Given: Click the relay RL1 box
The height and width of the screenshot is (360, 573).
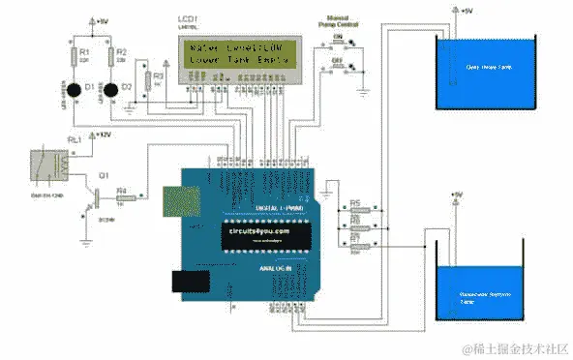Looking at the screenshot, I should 46,163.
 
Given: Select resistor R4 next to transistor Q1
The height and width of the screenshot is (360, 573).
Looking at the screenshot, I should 122,198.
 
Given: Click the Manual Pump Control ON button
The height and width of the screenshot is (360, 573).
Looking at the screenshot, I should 339,42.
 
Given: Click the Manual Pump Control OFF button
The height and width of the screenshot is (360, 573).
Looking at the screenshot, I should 339,65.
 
